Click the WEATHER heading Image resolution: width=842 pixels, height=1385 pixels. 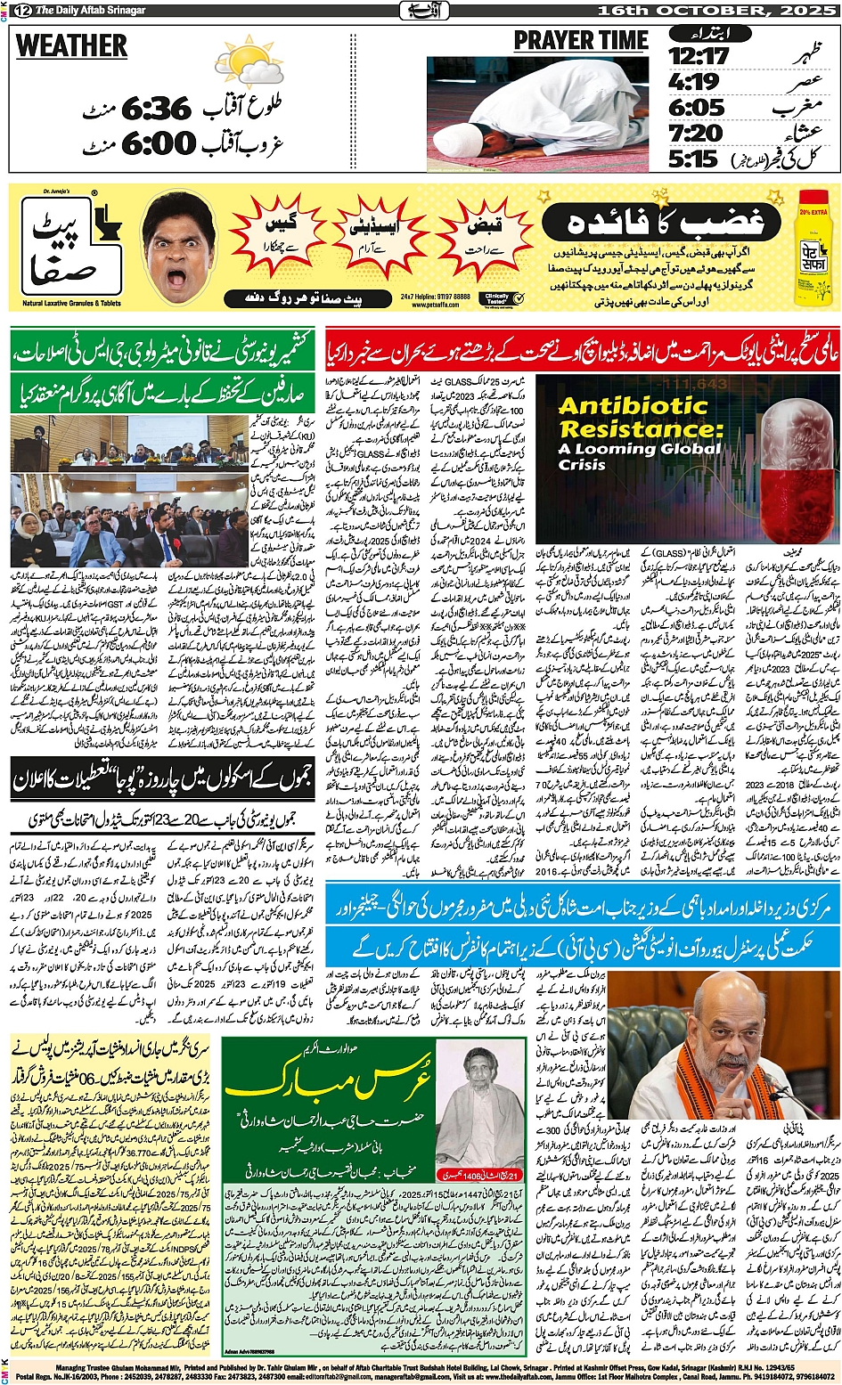point(71,45)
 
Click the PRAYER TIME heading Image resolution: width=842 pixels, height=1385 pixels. point(581,41)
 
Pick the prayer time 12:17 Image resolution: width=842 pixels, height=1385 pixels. point(699,56)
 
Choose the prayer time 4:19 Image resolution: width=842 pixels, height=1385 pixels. point(694,82)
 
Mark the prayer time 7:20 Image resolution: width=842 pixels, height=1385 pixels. point(696,134)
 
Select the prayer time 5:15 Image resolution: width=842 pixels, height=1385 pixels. point(693,159)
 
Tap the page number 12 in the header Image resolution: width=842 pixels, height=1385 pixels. point(20,10)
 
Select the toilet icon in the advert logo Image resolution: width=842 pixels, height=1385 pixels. point(106,218)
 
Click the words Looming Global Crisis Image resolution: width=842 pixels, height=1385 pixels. point(638,456)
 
